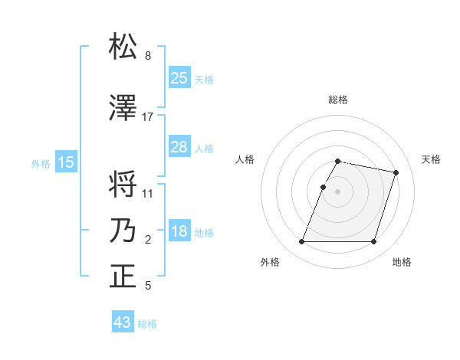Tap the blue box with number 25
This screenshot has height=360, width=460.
coord(179,78)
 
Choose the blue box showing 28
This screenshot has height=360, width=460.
coord(179,147)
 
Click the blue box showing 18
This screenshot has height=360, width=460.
coord(179,232)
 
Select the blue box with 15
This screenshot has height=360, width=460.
coord(66,162)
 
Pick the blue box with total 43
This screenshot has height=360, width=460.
coord(123,322)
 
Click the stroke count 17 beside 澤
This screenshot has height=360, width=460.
coord(148,117)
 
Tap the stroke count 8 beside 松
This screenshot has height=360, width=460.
coord(148,56)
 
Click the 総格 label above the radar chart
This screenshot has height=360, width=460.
coord(338,100)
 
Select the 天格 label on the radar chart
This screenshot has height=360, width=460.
coord(431,159)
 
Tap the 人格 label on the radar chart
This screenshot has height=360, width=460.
coord(245,159)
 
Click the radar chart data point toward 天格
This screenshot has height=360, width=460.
coord(396,173)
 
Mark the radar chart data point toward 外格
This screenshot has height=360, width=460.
coord(302,242)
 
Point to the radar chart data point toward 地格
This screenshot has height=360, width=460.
coord(373,242)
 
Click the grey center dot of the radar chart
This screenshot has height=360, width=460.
coord(338,191)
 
